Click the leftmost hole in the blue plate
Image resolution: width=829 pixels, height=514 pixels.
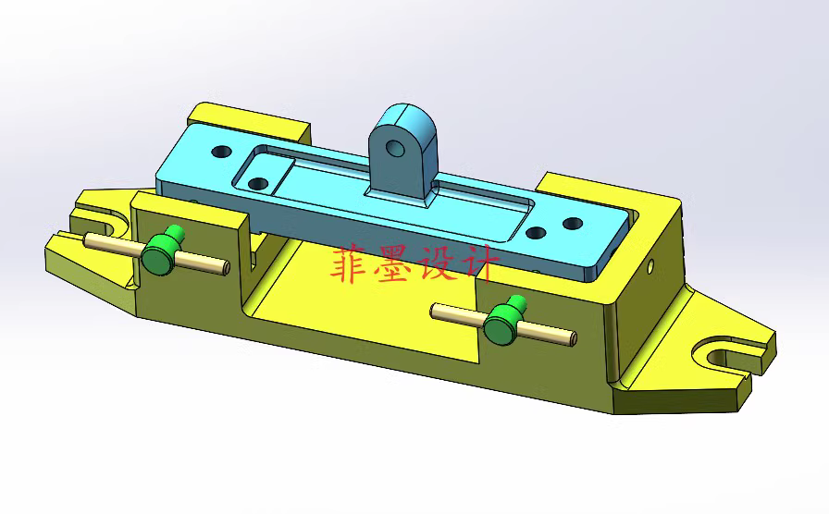(221, 150)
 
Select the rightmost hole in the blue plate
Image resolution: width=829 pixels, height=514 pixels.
(573, 224)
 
